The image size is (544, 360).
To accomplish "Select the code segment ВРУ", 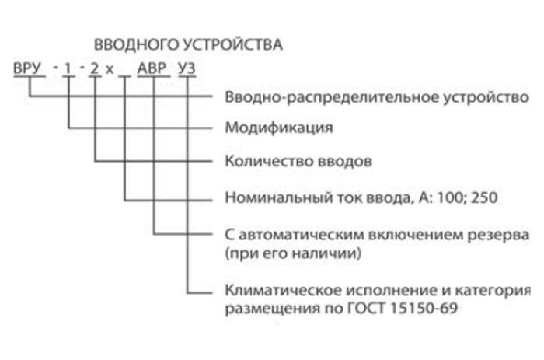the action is pyautogui.click(x=27, y=68).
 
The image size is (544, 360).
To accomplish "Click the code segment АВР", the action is pyautogui.click(x=152, y=68).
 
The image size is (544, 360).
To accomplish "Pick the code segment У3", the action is pyautogui.click(x=187, y=68).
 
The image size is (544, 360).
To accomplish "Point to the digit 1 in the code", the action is pyautogui.click(x=68, y=68).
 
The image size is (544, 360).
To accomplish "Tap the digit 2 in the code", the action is pyautogui.click(x=94, y=68).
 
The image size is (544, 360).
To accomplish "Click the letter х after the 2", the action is pyautogui.click(x=110, y=70).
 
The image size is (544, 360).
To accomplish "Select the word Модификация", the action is pyautogui.click(x=279, y=128).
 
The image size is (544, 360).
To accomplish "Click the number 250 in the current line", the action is pyautogui.click(x=484, y=197).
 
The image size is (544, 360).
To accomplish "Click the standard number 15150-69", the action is pyautogui.click(x=424, y=308).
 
